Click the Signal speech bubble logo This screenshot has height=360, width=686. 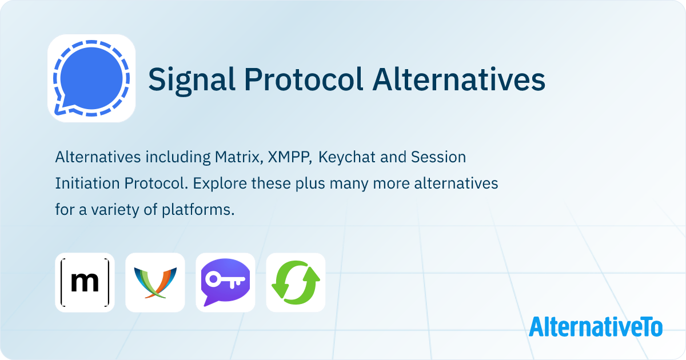(x=91, y=78)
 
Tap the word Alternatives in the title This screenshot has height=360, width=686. (x=458, y=79)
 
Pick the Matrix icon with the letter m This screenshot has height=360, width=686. (x=85, y=282)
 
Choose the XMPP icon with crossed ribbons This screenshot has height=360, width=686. (x=155, y=282)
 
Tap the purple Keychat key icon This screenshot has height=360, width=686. (x=225, y=282)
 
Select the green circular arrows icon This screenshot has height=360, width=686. (x=296, y=282)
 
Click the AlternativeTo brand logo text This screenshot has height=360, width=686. (x=595, y=326)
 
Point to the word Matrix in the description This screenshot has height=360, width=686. (x=237, y=157)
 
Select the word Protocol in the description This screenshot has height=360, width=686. (x=141, y=183)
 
